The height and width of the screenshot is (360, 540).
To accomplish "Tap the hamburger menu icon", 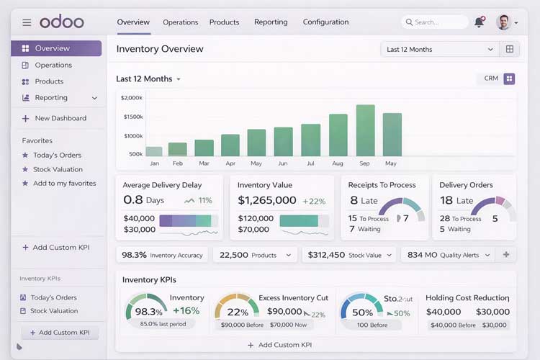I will click(27, 22).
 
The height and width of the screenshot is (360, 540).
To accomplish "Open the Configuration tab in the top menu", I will click(325, 22).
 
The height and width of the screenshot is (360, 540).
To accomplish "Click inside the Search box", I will click(435, 22).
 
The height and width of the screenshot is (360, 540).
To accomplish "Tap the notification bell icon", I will click(479, 22).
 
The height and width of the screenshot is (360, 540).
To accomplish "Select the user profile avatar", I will click(504, 22).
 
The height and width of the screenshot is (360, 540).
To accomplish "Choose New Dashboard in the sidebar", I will click(60, 118).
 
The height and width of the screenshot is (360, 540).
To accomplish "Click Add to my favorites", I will click(64, 184).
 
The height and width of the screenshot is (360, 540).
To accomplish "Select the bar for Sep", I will click(365, 130).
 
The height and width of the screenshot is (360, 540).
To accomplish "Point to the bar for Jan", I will click(154, 151).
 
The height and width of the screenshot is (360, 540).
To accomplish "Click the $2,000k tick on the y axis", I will click(132, 97).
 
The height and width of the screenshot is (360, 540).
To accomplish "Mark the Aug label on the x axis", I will click(338, 163).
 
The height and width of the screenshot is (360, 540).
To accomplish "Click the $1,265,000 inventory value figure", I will click(266, 201).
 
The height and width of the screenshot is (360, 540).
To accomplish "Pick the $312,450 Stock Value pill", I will click(348, 255).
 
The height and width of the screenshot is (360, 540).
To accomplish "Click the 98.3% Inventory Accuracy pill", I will click(162, 255).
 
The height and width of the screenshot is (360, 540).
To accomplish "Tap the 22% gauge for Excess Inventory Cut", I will click(237, 310).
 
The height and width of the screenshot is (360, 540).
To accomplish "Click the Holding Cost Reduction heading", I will click(467, 297).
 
